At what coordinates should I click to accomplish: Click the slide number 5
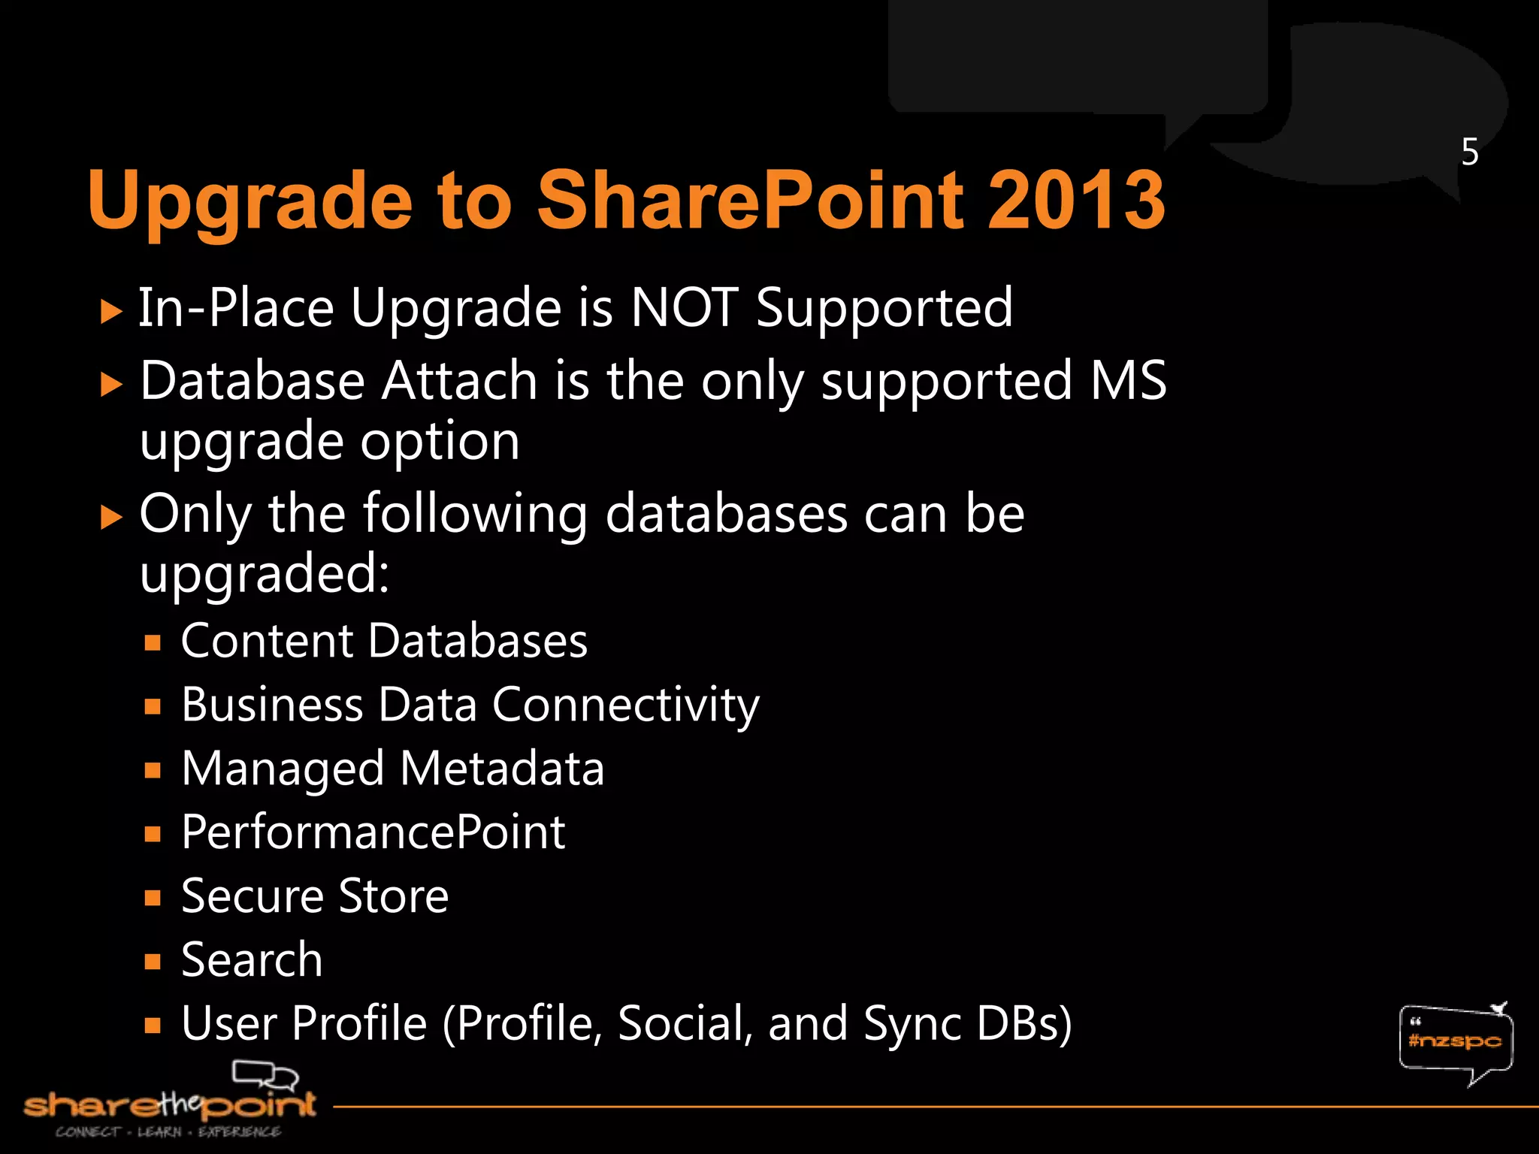[1470, 153]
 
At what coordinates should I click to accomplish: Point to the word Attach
[459, 381]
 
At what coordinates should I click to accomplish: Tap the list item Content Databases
[384, 642]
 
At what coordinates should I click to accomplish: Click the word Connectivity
[625, 706]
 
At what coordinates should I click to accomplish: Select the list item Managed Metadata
[393, 769]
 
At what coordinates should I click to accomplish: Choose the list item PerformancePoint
[373, 832]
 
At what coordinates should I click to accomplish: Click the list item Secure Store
[315, 896]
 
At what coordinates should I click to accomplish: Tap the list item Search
[252, 960]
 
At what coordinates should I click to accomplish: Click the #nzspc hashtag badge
[1455, 1041]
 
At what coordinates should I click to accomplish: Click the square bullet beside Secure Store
[153, 898]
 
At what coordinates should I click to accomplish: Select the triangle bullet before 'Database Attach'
[111, 385]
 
